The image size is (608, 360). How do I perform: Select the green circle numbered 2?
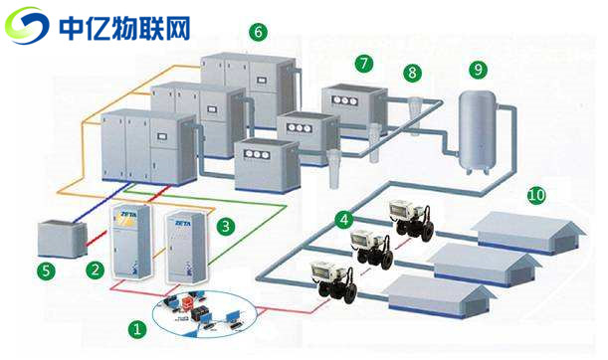96,269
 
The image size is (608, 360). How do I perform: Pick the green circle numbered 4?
344,219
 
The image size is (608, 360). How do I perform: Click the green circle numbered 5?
45,269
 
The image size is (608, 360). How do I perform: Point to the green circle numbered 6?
259,32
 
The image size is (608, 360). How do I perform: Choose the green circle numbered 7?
364,63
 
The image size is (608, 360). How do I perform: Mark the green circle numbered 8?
412,73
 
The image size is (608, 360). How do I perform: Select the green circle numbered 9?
479,70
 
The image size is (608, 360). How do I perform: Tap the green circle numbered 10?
536,196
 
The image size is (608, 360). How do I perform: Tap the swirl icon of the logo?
27,25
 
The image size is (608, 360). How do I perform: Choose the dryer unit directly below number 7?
353,109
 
